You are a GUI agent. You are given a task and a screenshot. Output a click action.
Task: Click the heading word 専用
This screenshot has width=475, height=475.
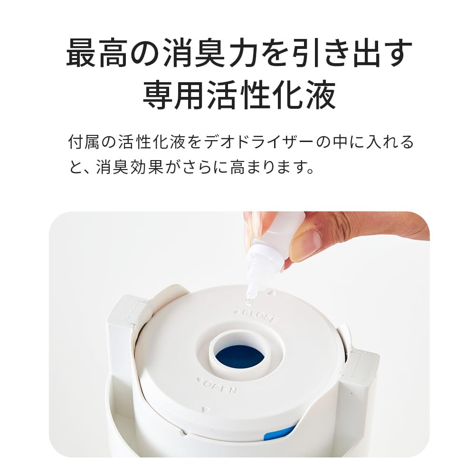pyautogui.click(x=175, y=95)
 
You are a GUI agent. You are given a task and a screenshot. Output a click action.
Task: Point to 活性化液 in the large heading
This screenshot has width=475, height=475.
pyautogui.click(x=272, y=95)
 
